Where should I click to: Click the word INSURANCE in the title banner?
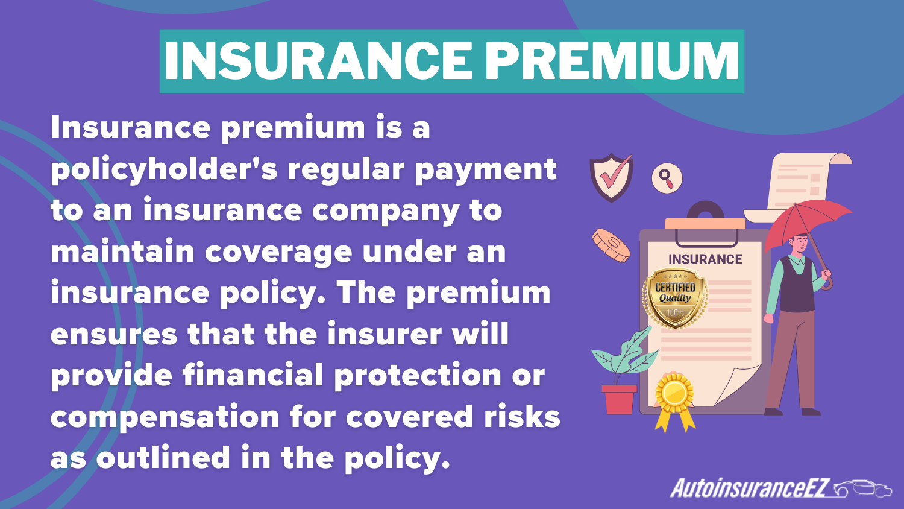[x=318, y=62]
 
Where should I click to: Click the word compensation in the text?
[x=164, y=417]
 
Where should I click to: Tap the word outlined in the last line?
[x=163, y=458]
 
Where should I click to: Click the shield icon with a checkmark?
[x=611, y=177]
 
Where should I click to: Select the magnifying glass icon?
[x=667, y=179]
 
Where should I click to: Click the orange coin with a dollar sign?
[x=611, y=245]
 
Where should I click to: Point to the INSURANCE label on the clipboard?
[x=705, y=259]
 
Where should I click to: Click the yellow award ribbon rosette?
[x=674, y=394]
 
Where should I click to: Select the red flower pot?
[x=619, y=399]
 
